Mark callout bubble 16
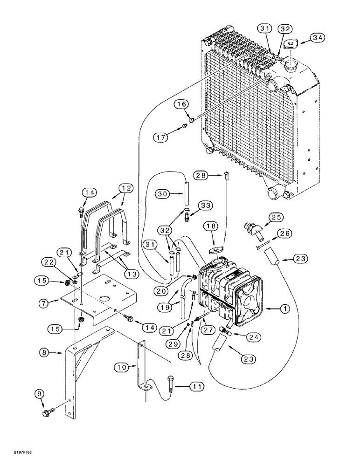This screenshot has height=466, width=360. (182, 103)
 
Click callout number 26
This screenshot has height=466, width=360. (284, 233)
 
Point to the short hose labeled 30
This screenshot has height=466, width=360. (188, 191)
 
